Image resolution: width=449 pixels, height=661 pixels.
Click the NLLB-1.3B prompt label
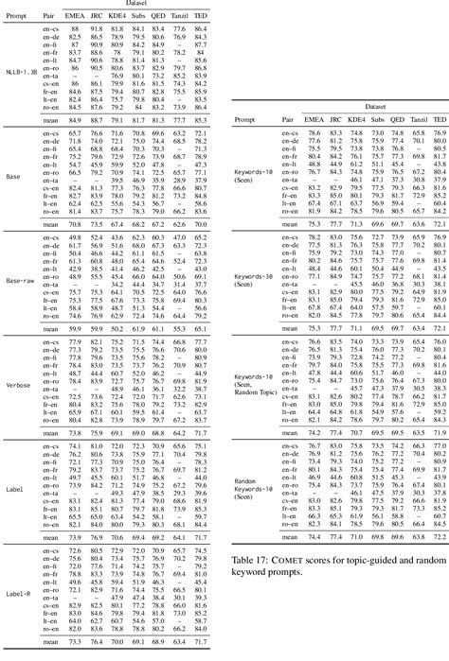[x=23, y=70]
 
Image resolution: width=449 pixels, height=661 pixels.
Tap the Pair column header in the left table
[x=56, y=16]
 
